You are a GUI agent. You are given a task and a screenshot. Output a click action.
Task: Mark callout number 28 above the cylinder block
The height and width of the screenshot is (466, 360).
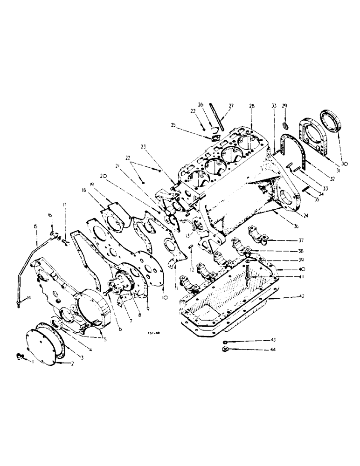[252, 107]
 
